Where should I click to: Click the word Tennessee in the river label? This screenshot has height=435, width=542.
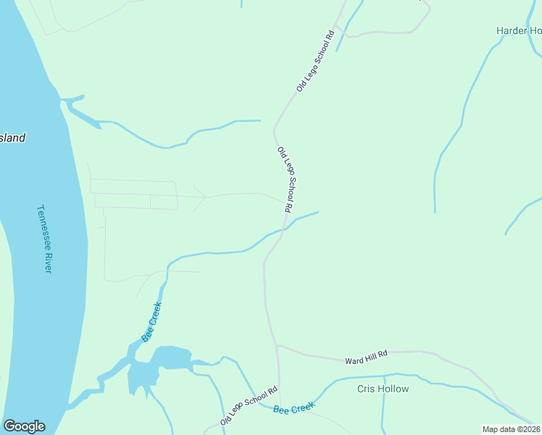tap(43, 225)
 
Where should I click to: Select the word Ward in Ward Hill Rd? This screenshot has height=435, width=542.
tap(354, 360)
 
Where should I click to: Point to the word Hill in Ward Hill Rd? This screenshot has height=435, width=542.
tap(372, 356)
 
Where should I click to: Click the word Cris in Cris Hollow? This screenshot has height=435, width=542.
tap(367, 389)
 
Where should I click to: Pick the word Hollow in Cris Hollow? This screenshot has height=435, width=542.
tap(393, 389)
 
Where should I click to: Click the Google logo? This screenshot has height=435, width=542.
tap(24, 426)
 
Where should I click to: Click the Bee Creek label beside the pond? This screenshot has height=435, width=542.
tap(151, 322)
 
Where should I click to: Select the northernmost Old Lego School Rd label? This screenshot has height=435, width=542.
tap(315, 61)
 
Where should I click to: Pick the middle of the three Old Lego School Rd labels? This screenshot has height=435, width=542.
tap(285, 179)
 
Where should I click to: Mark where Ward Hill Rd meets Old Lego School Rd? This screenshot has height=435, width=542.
tap(277, 346)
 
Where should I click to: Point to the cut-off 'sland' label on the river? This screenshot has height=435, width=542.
tap(12, 138)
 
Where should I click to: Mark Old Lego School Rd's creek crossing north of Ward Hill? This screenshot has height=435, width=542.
tap(285, 228)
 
